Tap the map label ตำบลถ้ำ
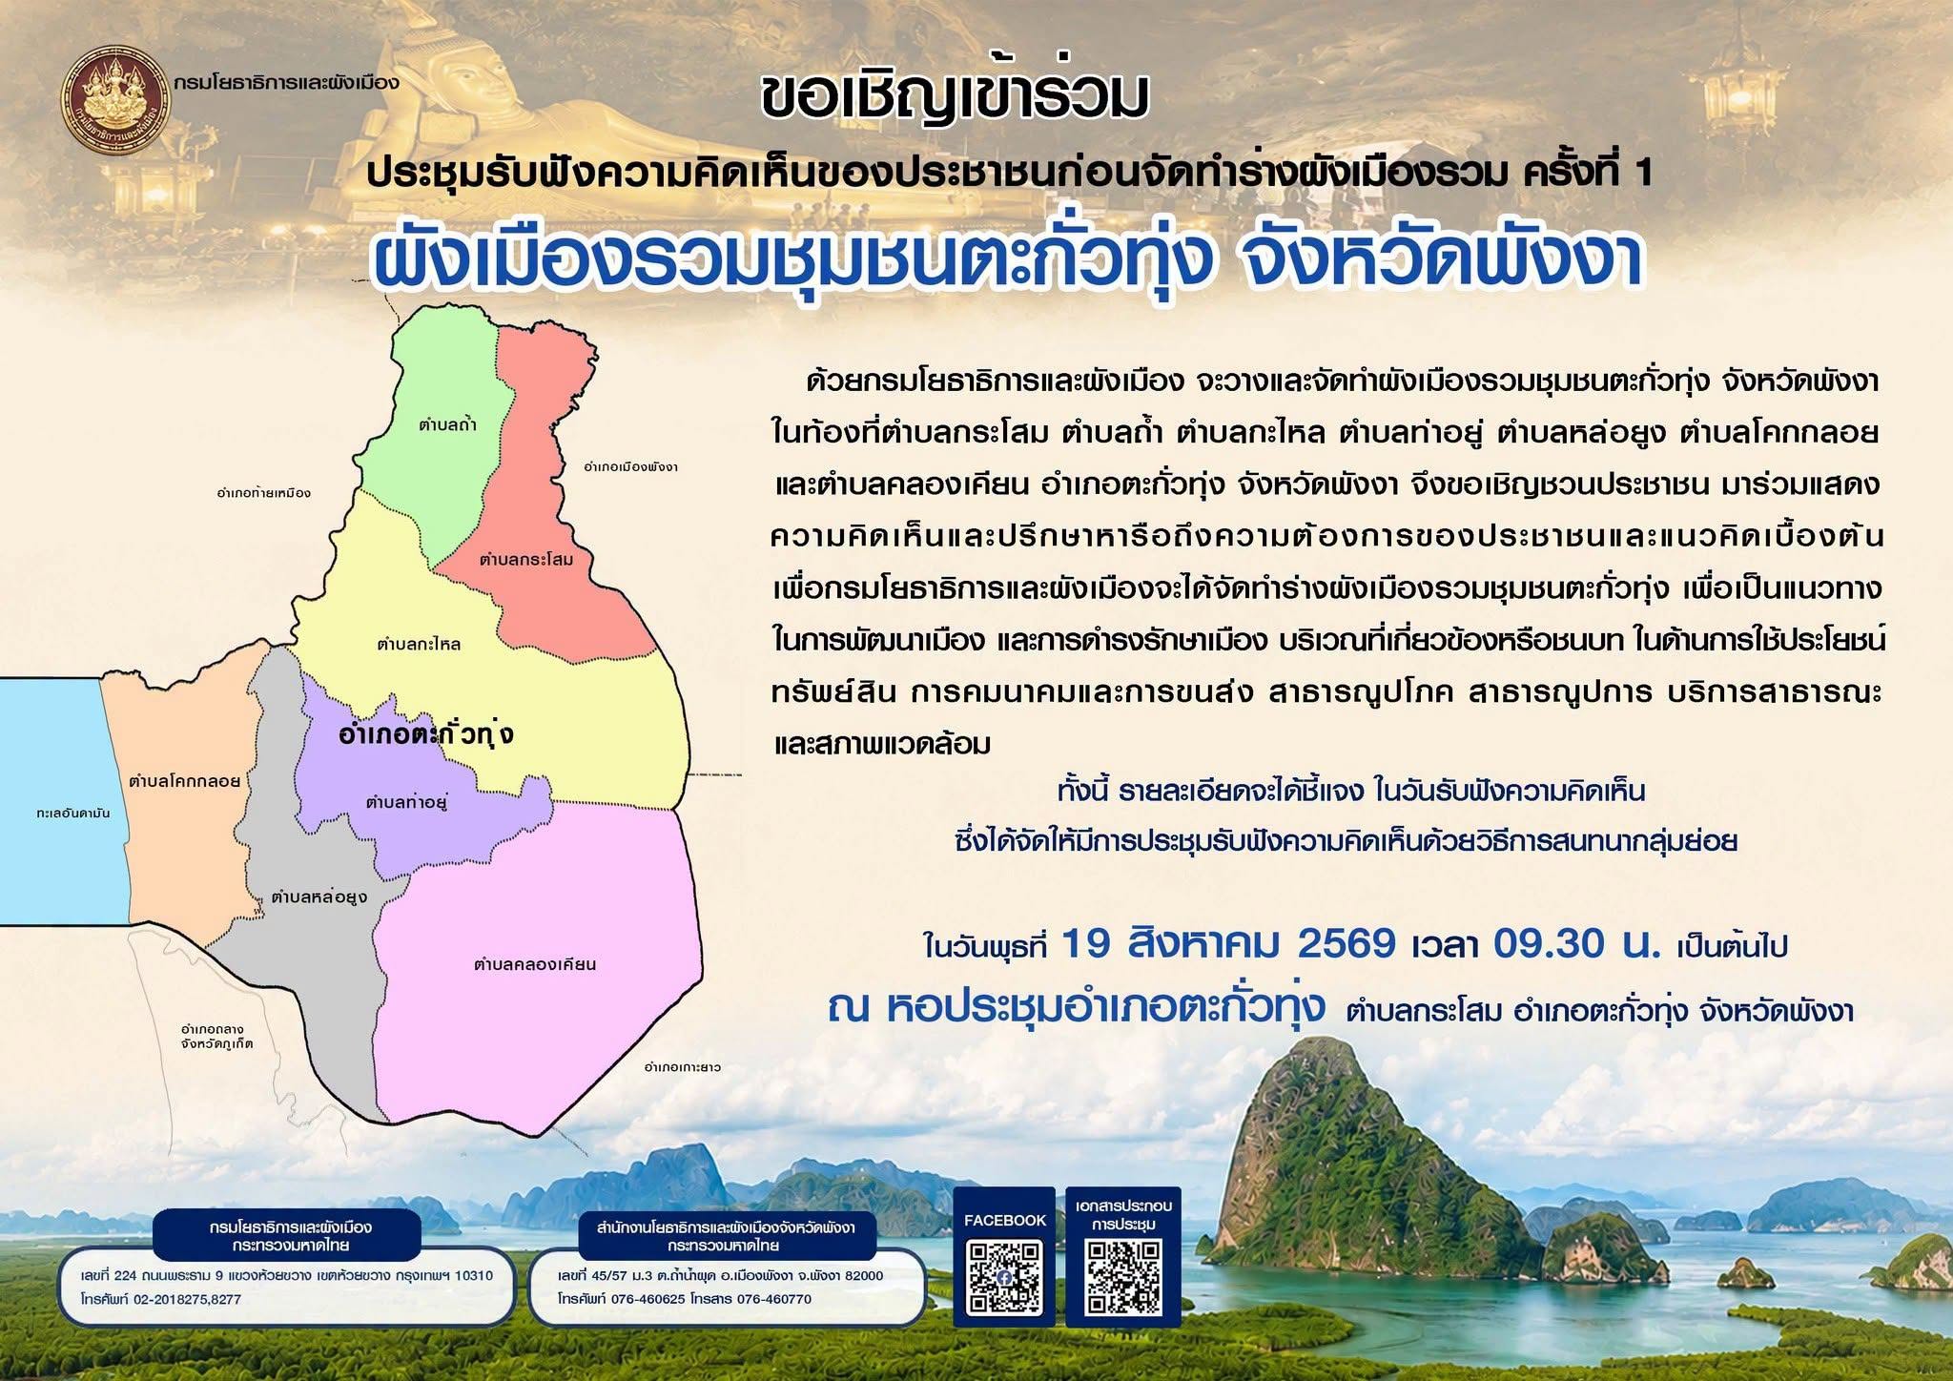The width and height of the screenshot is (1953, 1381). coord(447,424)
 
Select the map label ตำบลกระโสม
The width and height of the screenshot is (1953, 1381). coord(526,559)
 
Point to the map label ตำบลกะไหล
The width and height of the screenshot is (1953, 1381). coord(419,645)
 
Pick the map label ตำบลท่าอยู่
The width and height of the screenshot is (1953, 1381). coord(407,802)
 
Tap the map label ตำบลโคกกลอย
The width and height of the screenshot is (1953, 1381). coord(185,781)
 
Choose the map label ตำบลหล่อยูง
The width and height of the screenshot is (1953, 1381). coord(319,897)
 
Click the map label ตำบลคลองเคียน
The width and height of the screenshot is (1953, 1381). coord(535,964)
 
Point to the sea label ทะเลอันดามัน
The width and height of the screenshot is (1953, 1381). coord(73,814)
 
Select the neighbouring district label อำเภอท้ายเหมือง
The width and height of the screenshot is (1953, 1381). coord(264,493)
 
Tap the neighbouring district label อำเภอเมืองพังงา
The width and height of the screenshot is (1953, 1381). coord(630,467)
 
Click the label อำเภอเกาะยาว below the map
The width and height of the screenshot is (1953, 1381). coord(683,1066)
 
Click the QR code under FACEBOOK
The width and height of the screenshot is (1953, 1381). coord(1004,1277)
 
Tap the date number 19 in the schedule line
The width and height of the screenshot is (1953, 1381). coord(1086,944)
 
